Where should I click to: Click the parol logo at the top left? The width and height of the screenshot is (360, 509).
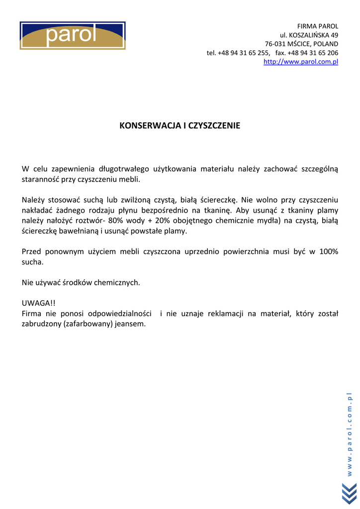[73, 35]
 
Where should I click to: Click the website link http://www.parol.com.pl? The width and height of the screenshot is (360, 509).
[300, 62]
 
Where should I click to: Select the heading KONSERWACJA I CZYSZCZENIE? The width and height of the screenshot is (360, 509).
[180, 126]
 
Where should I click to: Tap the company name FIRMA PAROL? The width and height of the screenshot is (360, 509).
[317, 26]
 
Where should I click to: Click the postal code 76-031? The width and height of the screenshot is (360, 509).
[275, 44]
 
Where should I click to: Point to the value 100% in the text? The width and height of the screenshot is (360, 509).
[328, 252]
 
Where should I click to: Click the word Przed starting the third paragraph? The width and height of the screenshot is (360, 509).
[31, 252]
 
